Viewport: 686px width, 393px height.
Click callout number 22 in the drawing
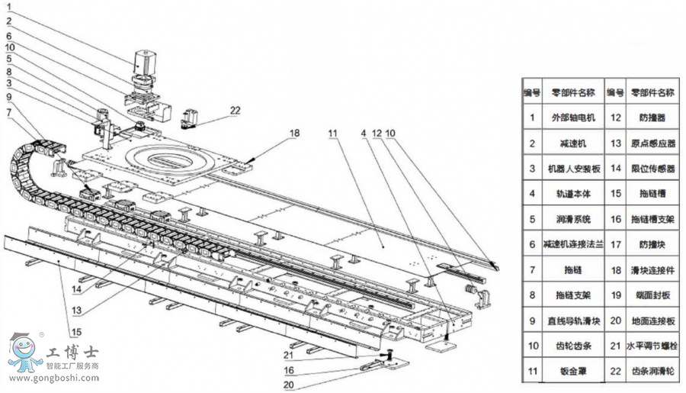pos(235,110)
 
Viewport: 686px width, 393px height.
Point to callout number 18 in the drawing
pos(294,133)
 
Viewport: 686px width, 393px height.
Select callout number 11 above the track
pos(332,133)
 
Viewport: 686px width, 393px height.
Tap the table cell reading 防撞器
pos(652,118)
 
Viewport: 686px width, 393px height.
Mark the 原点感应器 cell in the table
pos(652,143)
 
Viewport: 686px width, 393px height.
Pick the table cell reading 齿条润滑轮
pos(652,372)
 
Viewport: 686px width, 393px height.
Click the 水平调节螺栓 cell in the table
pos(652,346)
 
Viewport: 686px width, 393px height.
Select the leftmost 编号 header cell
pos(531,92)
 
